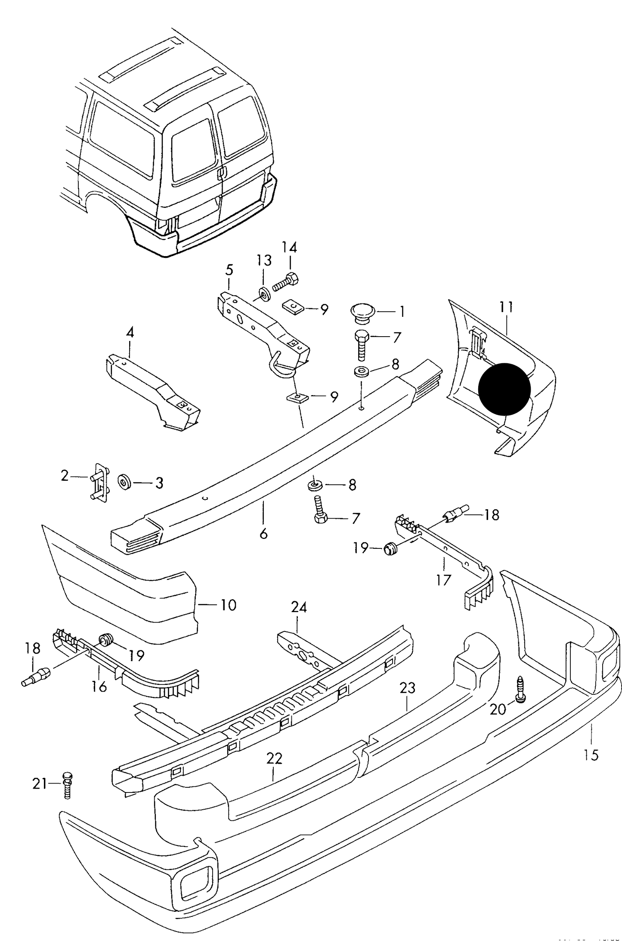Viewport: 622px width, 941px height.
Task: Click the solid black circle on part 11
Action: point(504,389)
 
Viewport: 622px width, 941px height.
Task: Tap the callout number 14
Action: point(289,248)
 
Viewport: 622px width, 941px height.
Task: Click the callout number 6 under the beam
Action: point(263,534)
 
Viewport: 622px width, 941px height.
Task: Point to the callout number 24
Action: point(299,607)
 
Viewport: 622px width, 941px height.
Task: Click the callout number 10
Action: point(228,605)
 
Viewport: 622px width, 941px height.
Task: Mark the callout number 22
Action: point(274,758)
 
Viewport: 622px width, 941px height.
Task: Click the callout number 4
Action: point(130,332)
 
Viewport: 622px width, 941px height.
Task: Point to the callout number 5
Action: point(229,270)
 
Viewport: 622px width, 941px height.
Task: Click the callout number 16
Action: point(99,686)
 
